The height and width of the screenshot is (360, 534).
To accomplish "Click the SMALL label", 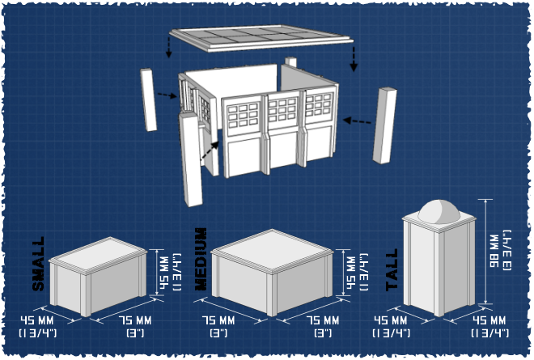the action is (x=39, y=264).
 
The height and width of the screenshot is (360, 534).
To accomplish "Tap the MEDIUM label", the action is (x=201, y=259).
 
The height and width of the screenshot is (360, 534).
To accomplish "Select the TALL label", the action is (x=392, y=269).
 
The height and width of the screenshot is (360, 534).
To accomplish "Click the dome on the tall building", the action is (x=439, y=211).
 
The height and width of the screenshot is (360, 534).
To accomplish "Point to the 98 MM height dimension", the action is (x=494, y=251).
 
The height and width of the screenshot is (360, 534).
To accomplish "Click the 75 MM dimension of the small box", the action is (x=135, y=321).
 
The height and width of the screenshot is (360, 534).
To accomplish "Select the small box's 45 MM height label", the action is (x=164, y=273).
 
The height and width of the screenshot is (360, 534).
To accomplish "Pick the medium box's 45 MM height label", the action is (x=351, y=273).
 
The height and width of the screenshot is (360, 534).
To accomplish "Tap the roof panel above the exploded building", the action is (x=261, y=38).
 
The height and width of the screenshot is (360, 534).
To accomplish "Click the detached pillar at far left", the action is (x=149, y=100).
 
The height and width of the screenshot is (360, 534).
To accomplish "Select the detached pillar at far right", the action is (x=384, y=125).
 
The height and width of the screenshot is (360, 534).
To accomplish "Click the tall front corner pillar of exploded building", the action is (x=191, y=159).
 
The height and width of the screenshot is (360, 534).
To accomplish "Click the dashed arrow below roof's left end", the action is (x=168, y=48).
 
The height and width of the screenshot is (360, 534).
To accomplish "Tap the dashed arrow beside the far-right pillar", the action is (x=357, y=121).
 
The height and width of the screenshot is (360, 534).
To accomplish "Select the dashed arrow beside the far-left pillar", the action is (x=167, y=95).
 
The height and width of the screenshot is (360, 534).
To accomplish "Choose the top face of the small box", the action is (x=98, y=254).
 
